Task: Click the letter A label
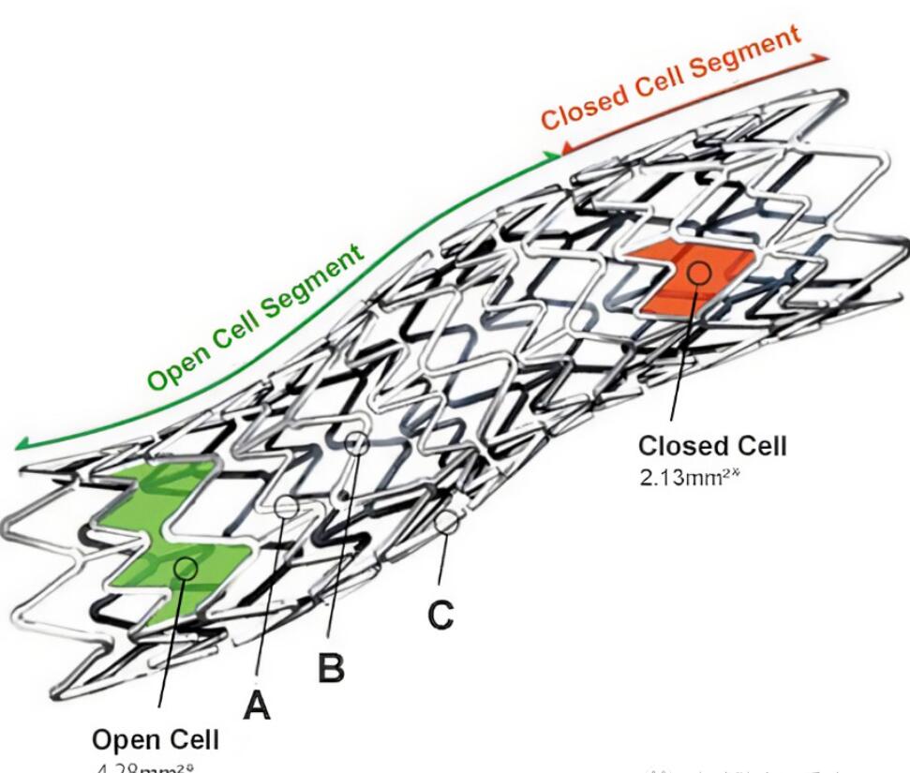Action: point(257,703)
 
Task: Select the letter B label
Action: point(331,668)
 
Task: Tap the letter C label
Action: point(440,615)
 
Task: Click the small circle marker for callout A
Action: point(287,506)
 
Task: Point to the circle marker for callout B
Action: point(356,442)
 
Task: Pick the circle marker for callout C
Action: point(448,522)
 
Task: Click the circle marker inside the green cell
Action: point(186,567)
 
